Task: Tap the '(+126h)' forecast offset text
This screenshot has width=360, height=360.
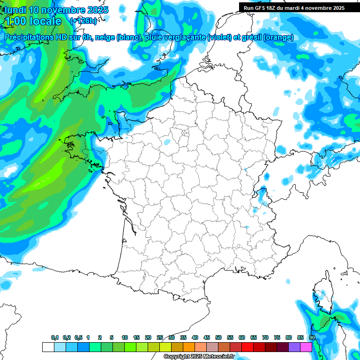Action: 83,21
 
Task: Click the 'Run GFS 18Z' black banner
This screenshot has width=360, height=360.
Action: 294,7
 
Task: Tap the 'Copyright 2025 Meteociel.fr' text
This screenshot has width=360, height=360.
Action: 199,357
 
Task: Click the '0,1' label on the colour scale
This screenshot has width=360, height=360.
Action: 54,337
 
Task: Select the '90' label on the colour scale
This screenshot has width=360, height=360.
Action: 312,337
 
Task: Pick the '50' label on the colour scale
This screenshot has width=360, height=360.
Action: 218,337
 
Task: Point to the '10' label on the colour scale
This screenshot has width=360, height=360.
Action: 125,337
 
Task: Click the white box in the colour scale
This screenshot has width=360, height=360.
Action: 48,347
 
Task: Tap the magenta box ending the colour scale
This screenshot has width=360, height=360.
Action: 306,347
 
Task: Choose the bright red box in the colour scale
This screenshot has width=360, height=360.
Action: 247,347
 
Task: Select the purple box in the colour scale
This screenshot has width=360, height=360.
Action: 294,347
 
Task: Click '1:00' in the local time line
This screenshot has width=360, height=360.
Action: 14,21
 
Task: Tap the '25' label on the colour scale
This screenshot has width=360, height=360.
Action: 160,337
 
